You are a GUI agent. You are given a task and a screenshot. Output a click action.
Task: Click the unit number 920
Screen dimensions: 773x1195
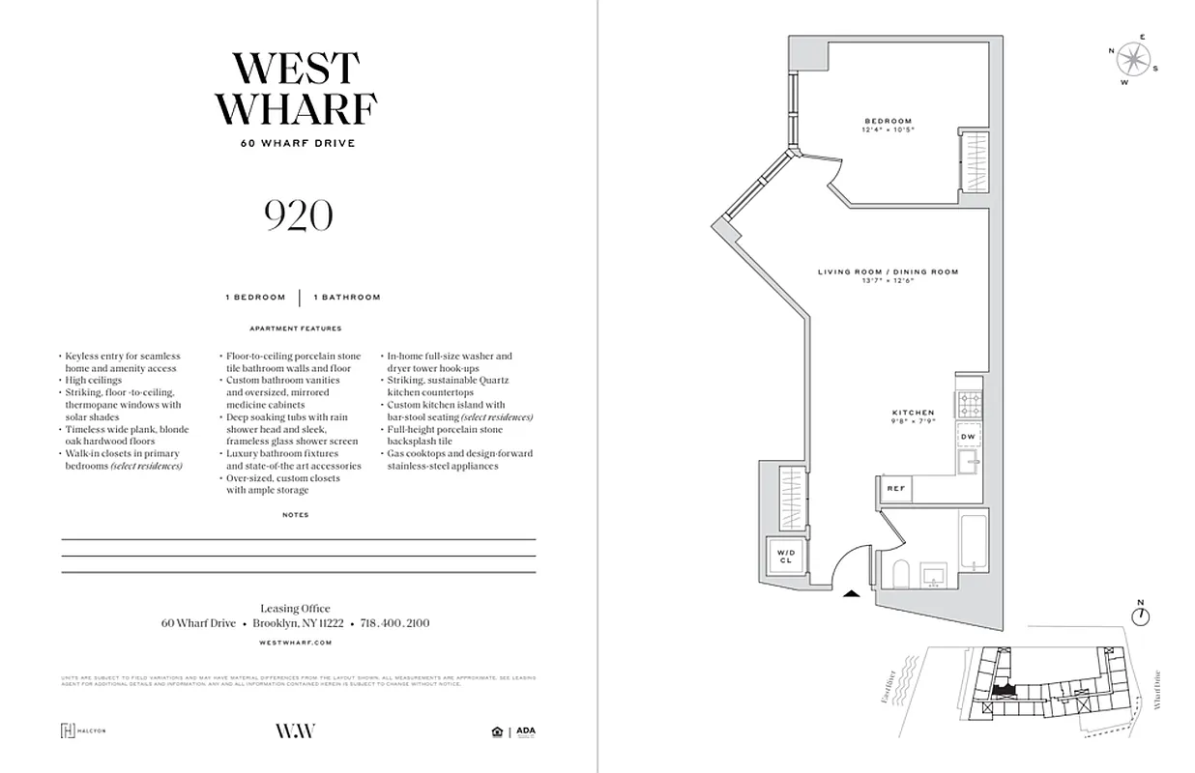(x=298, y=217)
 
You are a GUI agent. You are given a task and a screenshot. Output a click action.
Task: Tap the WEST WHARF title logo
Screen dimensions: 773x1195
(x=296, y=88)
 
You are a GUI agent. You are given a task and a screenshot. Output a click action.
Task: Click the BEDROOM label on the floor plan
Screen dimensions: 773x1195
(x=888, y=121)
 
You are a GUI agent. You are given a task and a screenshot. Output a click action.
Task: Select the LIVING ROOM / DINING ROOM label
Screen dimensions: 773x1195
(x=888, y=272)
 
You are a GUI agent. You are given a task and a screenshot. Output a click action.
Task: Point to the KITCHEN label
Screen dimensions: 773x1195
(x=913, y=413)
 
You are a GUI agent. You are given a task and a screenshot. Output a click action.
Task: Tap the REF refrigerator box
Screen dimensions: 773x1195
(x=896, y=489)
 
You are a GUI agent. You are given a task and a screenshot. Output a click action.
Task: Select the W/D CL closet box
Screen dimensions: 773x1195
(x=784, y=557)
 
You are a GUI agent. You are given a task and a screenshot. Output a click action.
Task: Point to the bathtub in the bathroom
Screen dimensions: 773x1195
(x=972, y=547)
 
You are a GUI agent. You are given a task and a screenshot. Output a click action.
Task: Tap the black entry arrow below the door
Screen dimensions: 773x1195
(x=852, y=594)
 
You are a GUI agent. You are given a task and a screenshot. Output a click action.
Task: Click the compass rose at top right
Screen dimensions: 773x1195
(x=1131, y=61)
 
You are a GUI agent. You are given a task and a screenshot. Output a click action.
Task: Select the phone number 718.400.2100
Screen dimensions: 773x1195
(x=394, y=623)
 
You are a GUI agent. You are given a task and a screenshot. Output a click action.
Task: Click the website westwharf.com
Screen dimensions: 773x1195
(x=296, y=642)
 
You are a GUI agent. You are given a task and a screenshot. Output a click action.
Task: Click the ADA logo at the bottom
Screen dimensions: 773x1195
(x=525, y=731)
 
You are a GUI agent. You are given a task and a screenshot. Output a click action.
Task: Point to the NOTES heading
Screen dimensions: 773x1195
(x=296, y=515)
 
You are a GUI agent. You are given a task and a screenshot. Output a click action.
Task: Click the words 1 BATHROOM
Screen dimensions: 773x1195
(x=346, y=298)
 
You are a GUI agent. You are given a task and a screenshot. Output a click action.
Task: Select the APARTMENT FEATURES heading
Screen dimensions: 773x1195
(x=296, y=329)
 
